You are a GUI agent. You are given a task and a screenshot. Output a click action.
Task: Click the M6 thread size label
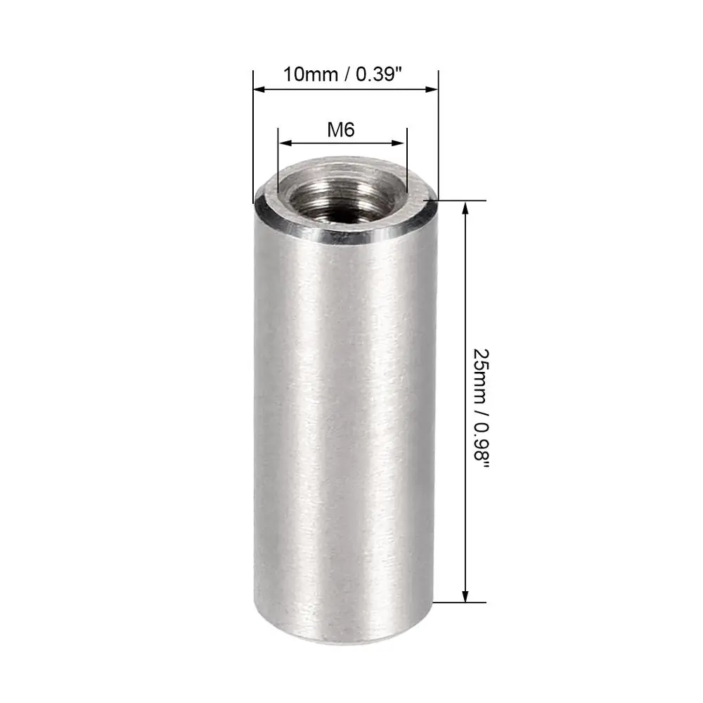tap(341, 129)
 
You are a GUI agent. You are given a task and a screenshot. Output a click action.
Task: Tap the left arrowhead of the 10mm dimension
tap(258, 89)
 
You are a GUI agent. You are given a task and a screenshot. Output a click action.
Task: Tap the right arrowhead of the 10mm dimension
tap(433, 89)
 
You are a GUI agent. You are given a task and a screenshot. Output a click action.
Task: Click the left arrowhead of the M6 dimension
tap(283, 143)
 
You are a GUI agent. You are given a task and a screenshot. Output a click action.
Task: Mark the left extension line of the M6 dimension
tap(278, 162)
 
